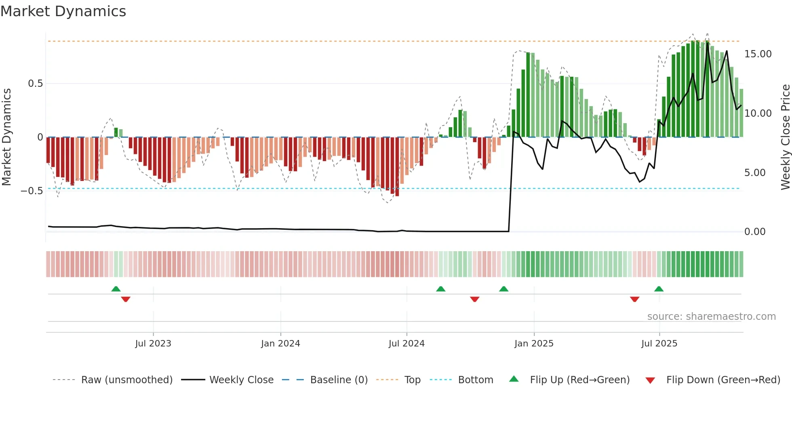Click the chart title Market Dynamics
pyautogui.click(x=63, y=11)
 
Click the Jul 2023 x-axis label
pyautogui.click(x=153, y=344)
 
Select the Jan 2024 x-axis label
pyautogui.click(x=280, y=344)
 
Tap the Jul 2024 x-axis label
pyautogui.click(x=407, y=344)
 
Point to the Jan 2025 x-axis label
pyautogui.click(x=534, y=344)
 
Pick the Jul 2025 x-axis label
pyautogui.click(x=659, y=344)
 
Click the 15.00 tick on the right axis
pyautogui.click(x=758, y=54)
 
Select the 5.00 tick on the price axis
pyautogui.click(x=755, y=173)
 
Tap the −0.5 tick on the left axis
pyautogui.click(x=32, y=191)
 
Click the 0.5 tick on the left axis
pyautogui.click(x=36, y=84)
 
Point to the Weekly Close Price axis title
pyautogui.click(x=785, y=137)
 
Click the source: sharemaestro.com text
pyautogui.click(x=711, y=317)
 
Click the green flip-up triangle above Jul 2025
pyautogui.click(x=659, y=289)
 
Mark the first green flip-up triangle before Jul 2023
pyautogui.click(x=116, y=289)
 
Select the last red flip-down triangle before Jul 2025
pyautogui.click(x=634, y=299)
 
